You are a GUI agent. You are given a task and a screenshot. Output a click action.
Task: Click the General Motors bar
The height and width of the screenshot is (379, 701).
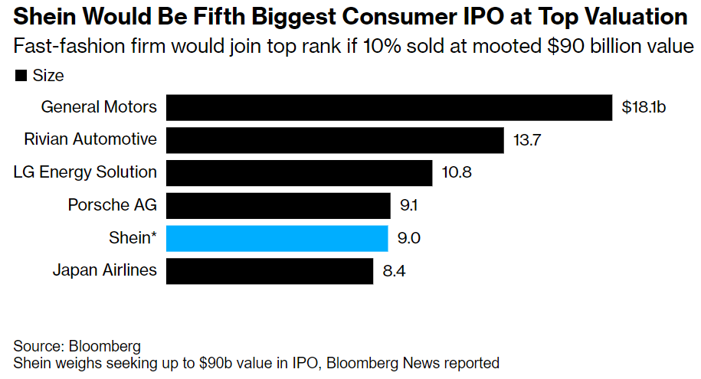(x=389, y=107)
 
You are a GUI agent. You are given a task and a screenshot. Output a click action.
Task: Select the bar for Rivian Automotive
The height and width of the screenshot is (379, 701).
(x=335, y=140)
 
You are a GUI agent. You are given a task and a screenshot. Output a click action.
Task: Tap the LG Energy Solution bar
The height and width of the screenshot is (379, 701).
(x=299, y=172)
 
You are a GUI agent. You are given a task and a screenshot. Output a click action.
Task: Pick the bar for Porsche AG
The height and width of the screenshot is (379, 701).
(x=278, y=205)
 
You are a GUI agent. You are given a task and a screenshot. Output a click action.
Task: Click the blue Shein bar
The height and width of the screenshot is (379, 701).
(x=277, y=238)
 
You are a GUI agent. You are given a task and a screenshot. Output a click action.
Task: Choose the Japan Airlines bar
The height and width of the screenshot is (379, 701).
(x=269, y=270)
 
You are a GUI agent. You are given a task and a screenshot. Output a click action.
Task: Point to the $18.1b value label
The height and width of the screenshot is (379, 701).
(x=644, y=107)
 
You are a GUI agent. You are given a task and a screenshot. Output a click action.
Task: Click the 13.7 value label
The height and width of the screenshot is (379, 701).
(x=527, y=140)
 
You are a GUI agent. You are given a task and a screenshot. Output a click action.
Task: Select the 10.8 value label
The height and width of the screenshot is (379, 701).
(x=457, y=172)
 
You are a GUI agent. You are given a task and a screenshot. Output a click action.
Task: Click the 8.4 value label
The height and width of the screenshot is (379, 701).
(x=395, y=270)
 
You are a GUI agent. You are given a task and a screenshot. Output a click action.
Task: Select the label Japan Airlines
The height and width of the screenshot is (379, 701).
(x=104, y=270)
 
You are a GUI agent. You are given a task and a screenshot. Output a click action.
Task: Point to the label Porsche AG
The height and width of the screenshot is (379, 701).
(x=112, y=205)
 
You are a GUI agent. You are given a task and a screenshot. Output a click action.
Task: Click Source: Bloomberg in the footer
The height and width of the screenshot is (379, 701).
(x=77, y=345)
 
